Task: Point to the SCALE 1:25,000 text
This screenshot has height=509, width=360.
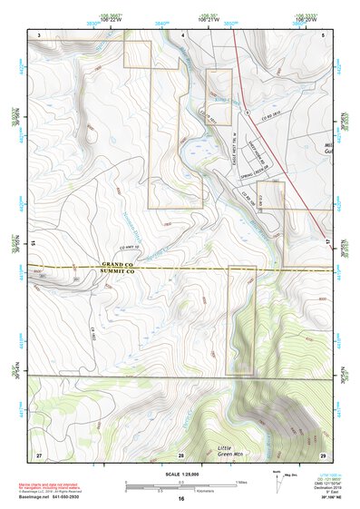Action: click(180, 475)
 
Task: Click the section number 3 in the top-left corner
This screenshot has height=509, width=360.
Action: click(39, 34)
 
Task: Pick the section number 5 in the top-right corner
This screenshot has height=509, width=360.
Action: click(323, 34)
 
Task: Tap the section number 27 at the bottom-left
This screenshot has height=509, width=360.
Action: click(39, 453)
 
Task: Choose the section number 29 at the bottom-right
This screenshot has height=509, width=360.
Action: click(323, 453)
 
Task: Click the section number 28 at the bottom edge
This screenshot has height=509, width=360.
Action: click(181, 453)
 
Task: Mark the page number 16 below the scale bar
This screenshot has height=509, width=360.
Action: click(181, 499)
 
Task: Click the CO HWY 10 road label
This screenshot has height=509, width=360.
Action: click(132, 247)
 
